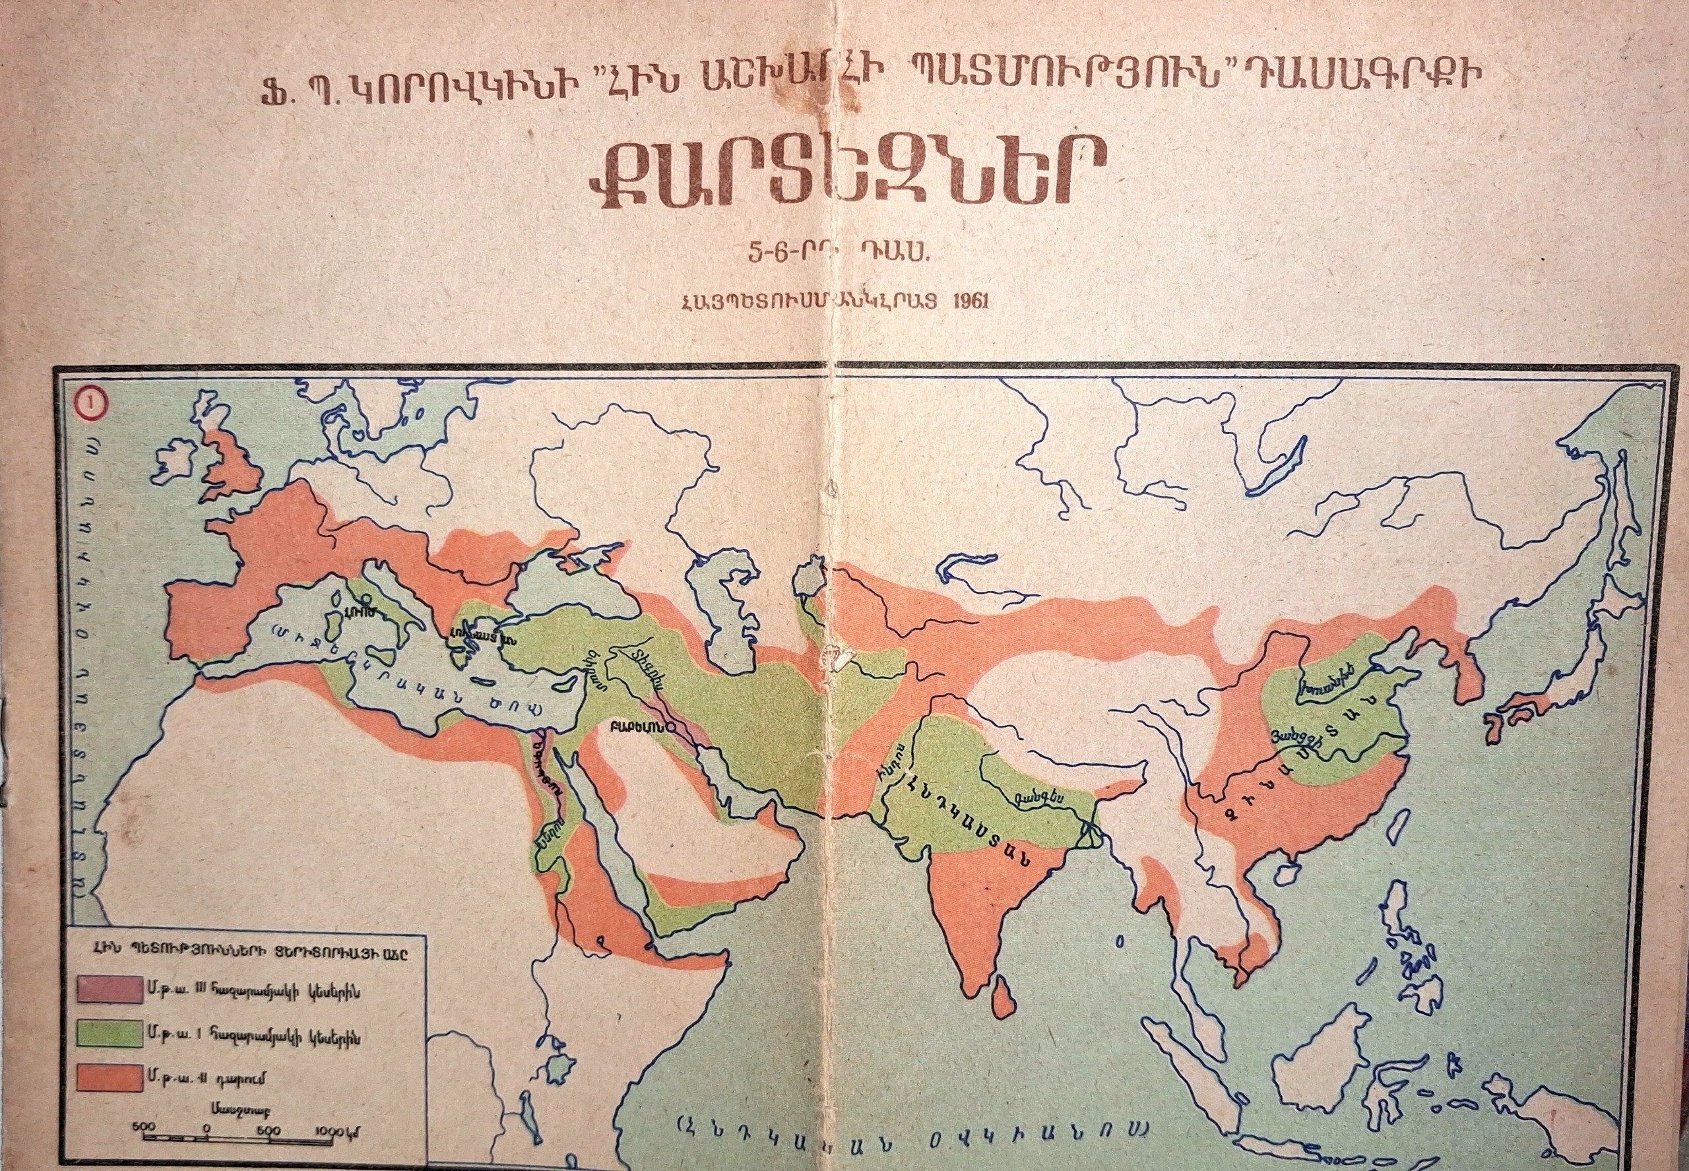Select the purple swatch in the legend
click(x=109, y=990)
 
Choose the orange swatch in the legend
click(x=109, y=1078)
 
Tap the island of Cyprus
click(x=564, y=684)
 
